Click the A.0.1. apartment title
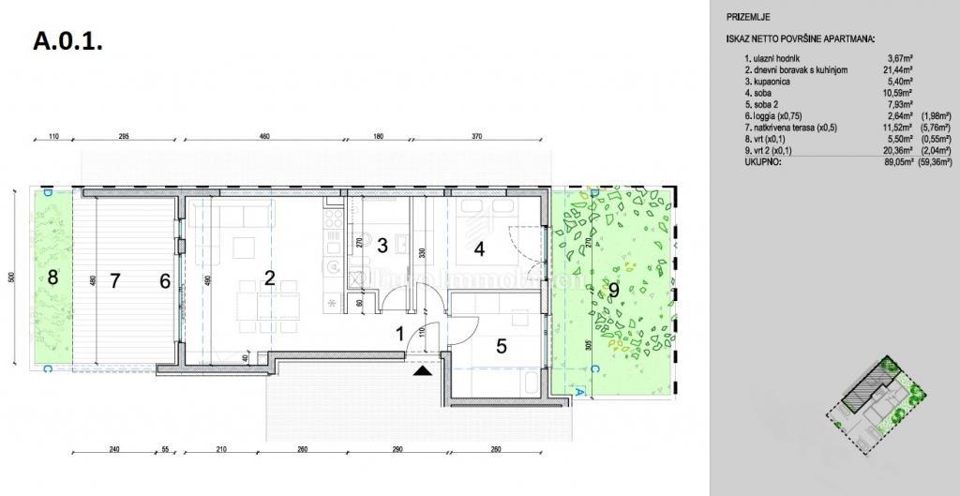(67, 42)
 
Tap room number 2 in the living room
(269, 278)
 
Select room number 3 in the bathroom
(382, 247)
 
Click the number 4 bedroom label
(479, 249)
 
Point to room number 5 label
(502, 346)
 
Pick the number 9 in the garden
(613, 290)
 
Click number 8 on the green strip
(52, 278)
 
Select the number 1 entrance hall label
(399, 333)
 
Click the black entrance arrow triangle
(424, 370)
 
